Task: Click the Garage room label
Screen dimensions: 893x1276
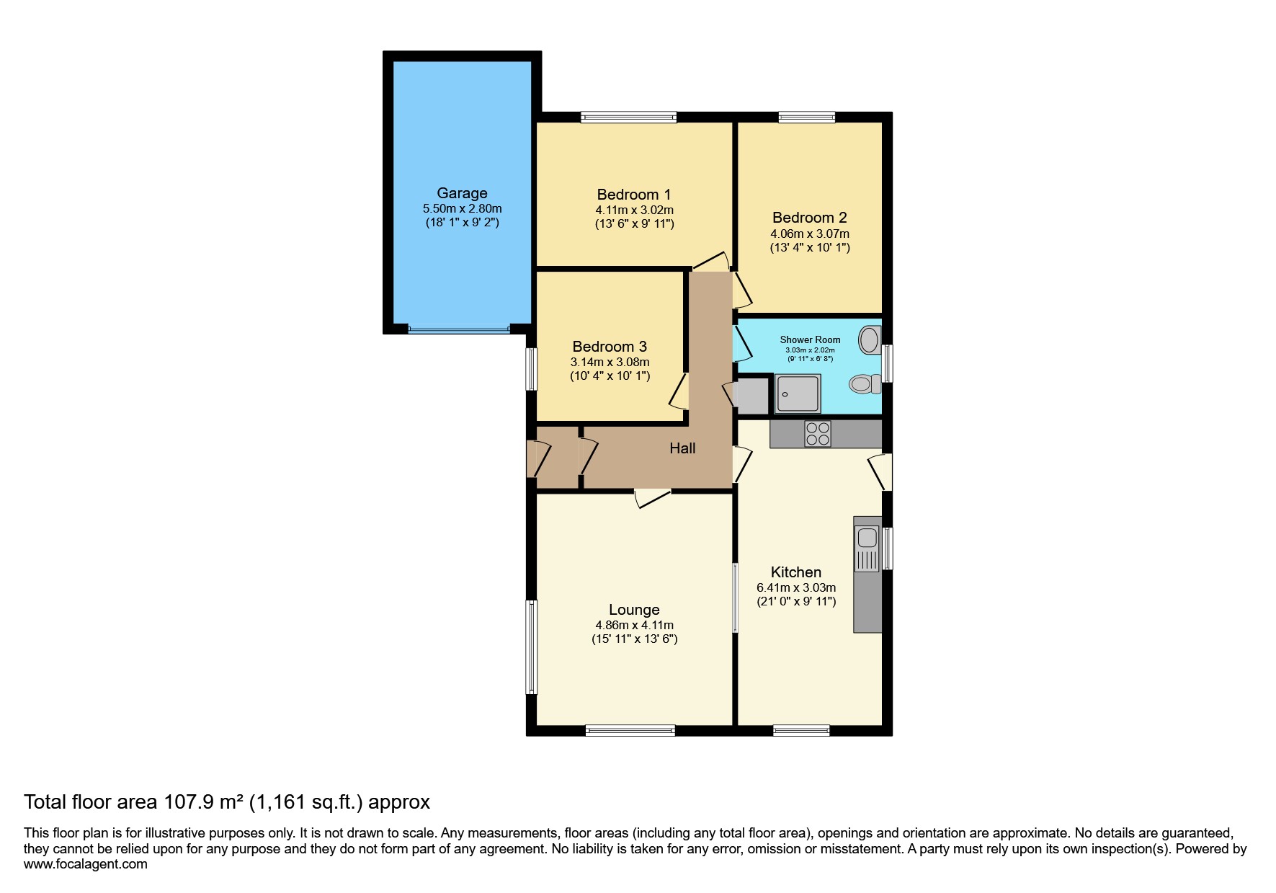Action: [462, 193]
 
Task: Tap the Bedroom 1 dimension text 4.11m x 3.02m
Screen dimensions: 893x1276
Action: [634, 210]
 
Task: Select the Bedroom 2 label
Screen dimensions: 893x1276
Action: [809, 218]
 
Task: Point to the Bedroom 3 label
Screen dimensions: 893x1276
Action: [610, 347]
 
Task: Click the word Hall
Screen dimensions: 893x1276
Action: [682, 448]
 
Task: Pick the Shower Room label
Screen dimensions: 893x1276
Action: [810, 339]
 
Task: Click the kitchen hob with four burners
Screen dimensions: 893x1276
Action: [818, 434]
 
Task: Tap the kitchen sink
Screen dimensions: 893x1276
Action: [867, 538]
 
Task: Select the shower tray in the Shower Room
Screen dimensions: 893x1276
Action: [798, 394]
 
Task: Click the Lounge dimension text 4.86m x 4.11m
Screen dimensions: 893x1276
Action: [634, 626]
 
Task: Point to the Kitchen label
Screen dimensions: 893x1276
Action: [795, 572]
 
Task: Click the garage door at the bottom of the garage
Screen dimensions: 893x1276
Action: [459, 329]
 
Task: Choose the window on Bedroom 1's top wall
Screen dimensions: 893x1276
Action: [629, 117]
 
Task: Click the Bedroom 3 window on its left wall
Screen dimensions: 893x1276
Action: [532, 369]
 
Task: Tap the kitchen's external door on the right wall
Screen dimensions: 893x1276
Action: [882, 472]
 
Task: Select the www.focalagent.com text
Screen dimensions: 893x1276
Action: [85, 864]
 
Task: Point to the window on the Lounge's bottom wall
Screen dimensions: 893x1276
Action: [630, 730]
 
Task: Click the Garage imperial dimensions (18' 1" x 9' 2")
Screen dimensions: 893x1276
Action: [462, 223]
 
